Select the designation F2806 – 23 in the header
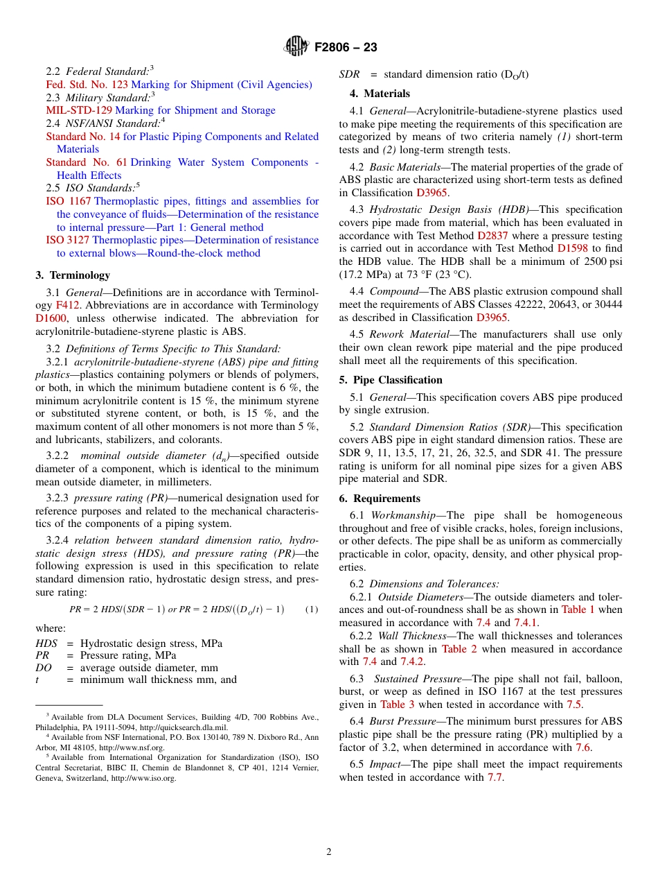pyautogui.click(x=346, y=48)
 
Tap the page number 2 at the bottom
pyautogui.click(x=329, y=851)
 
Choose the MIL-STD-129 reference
pyautogui.click(x=79, y=110)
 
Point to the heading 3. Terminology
pyautogui.click(x=73, y=275)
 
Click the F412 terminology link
pyautogui.click(x=67, y=305)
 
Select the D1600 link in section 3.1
pyautogui.click(x=49, y=318)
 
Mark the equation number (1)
pyautogui.click(x=312, y=609)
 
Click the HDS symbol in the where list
pyautogui.click(x=46, y=643)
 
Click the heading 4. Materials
pyautogui.click(x=374, y=94)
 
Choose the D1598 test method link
pyautogui.click(x=571, y=248)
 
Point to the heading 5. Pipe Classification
pyautogui.click(x=391, y=380)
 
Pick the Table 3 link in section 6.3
pyautogui.click(x=397, y=704)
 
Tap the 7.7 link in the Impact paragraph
pyautogui.click(x=495, y=777)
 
